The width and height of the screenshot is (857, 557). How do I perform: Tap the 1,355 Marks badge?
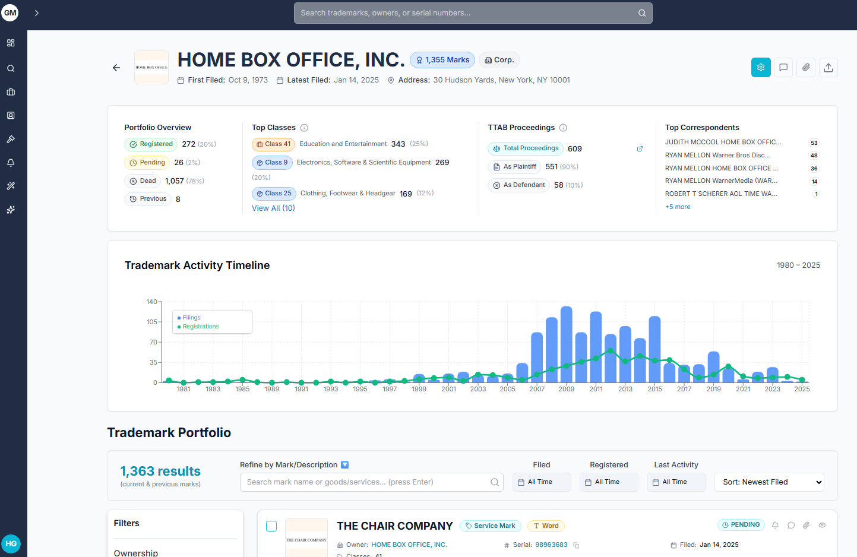[442, 60]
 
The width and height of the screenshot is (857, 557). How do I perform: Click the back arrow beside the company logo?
[116, 68]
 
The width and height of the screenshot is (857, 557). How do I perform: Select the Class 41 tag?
[273, 144]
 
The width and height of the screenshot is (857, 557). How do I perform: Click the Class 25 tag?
[274, 194]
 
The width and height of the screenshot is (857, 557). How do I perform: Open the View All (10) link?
[273, 208]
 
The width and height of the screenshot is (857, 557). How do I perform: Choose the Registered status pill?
[151, 144]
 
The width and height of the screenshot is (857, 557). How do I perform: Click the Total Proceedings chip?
[526, 148]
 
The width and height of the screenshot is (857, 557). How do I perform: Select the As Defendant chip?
[518, 185]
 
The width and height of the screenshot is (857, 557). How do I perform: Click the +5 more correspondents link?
[678, 207]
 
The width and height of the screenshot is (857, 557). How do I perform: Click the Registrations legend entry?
[200, 327]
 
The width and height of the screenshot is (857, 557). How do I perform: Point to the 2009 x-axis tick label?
[566, 390]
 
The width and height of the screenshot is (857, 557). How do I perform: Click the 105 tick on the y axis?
[152, 322]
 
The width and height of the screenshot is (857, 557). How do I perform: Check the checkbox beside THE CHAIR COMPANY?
[271, 526]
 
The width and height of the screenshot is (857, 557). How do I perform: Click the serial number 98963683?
[551, 545]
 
